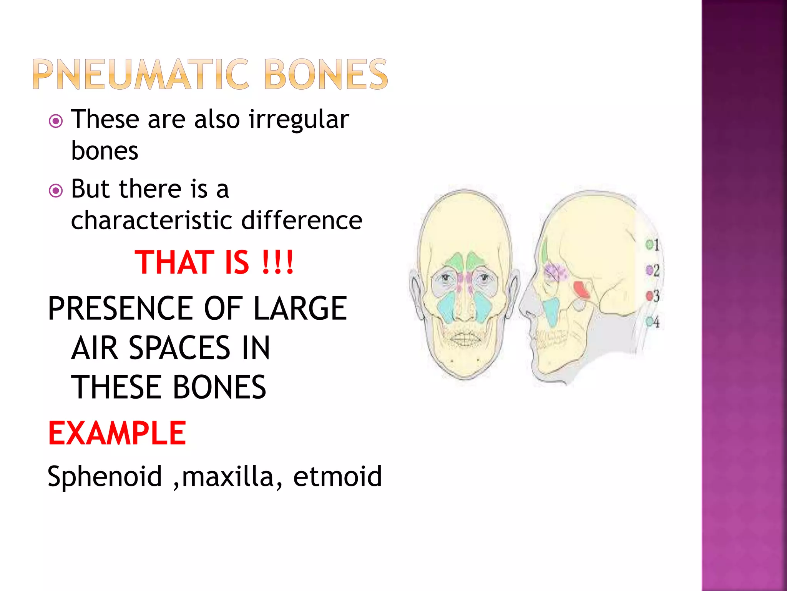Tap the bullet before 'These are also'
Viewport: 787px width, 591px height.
pos(56,122)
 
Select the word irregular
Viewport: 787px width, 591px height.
pos(299,119)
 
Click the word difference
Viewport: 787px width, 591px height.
pos(302,220)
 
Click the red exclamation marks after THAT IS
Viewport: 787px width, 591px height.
pos(277,262)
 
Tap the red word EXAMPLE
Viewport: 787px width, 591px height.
pos(117,433)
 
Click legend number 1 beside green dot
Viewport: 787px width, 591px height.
pos(656,245)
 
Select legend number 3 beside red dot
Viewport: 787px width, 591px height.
pos(656,296)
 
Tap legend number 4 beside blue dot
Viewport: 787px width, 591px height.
pos(656,322)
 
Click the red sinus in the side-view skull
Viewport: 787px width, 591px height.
pos(581,290)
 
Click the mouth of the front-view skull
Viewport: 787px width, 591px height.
pos(465,340)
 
